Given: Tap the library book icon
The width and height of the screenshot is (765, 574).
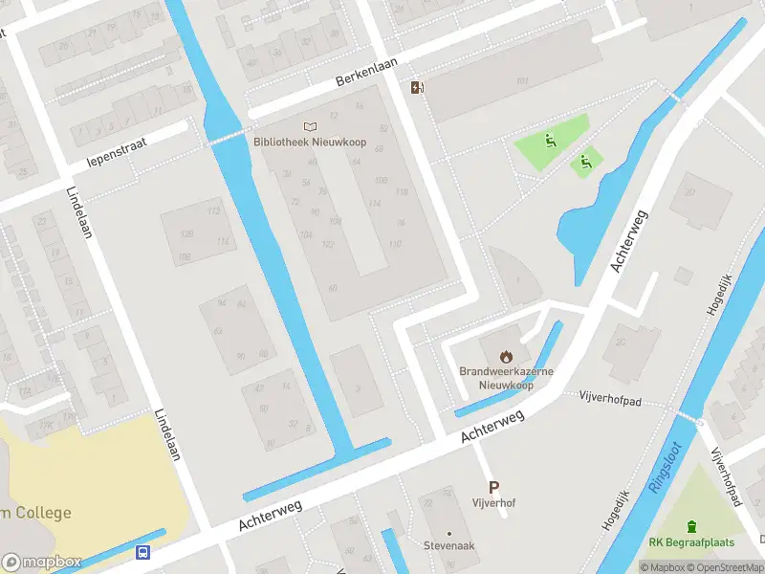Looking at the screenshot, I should [309, 126].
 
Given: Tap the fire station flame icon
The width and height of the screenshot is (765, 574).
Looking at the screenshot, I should [505, 356].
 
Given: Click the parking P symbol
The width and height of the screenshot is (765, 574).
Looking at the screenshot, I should [493, 487].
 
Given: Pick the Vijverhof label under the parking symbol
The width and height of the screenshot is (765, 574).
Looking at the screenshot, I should [493, 502].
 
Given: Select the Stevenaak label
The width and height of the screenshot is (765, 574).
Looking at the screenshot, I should [448, 545].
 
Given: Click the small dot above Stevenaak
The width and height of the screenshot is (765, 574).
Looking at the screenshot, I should [448, 533].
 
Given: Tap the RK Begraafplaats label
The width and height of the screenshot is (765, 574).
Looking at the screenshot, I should [691, 542].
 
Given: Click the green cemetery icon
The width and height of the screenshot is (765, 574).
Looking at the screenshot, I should [691, 526].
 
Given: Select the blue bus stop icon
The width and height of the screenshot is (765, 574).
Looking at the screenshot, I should [142, 552].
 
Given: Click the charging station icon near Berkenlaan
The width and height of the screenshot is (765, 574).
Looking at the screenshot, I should [417, 88].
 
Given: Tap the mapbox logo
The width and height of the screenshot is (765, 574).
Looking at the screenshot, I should [41, 563].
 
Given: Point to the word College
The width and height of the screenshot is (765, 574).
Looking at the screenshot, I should [42, 513].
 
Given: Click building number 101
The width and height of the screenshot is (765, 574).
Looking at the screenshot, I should [522, 80].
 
